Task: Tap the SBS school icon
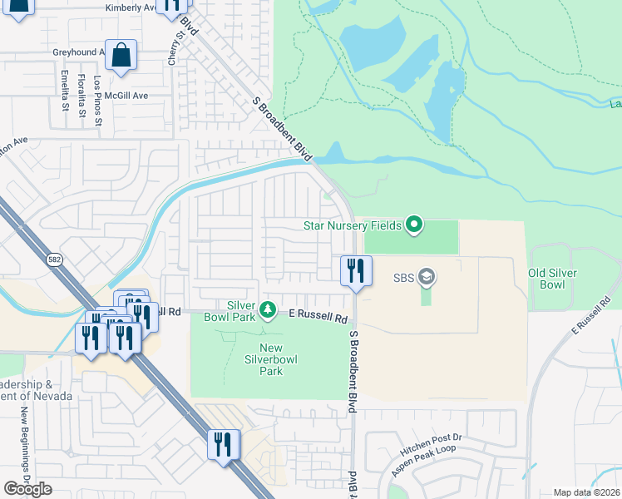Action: pos(427,275)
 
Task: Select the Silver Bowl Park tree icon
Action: pos(268,310)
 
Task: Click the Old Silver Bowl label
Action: pos(553,279)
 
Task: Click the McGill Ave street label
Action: pos(126,96)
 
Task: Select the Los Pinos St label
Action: pos(98,101)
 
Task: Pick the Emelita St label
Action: pos(65,91)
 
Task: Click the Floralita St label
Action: pos(81,94)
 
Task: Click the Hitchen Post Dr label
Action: pos(430,447)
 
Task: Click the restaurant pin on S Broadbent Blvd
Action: pos(355,270)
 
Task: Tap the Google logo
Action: pos(27,489)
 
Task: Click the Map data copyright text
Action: pos(587,492)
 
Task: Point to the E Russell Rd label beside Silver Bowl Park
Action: pos(318,316)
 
